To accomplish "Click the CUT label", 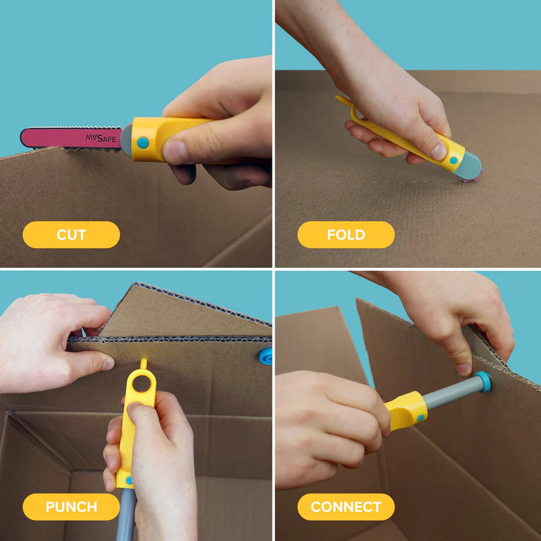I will point(71,235).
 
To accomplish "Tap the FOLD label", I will point(346,235).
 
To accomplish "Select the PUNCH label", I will point(71,507).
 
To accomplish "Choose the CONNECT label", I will point(346,507).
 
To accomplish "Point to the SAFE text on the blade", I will point(101,139).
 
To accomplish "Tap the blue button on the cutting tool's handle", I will point(143,143).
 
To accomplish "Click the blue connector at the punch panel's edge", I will point(266,356).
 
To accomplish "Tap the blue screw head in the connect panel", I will point(483,381).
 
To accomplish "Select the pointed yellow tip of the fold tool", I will point(340,100).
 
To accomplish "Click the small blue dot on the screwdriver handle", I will point(421,418).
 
